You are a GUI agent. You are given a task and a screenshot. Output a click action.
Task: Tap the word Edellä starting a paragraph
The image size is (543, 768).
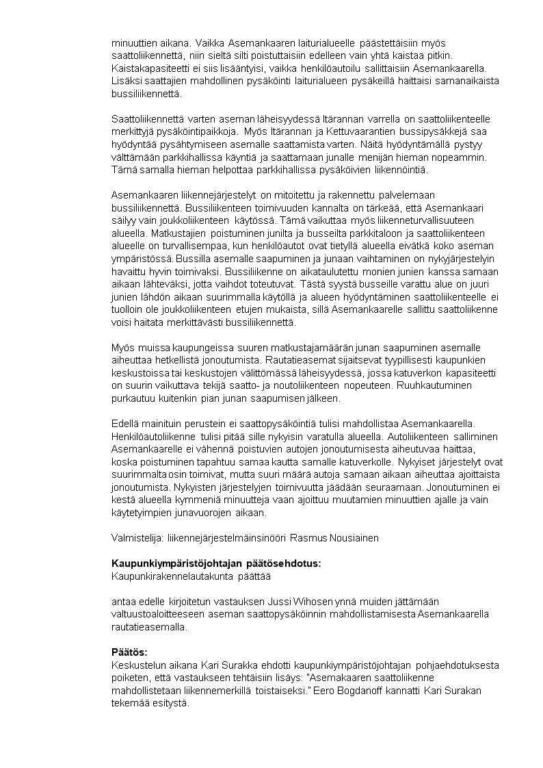125,424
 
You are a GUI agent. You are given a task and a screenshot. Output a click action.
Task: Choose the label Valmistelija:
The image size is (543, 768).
137,538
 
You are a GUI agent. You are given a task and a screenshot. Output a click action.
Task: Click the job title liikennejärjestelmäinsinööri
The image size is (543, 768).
222,538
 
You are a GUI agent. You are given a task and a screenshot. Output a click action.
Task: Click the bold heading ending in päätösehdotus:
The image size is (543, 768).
216,563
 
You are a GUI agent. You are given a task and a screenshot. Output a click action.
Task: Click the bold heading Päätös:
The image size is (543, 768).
129,652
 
